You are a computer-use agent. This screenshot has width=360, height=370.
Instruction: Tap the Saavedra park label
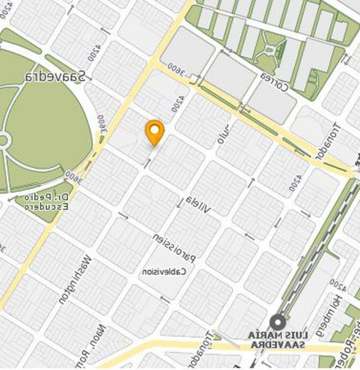pyautogui.click(x=55, y=77)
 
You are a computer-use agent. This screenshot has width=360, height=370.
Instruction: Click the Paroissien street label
pyautogui.click(x=174, y=248)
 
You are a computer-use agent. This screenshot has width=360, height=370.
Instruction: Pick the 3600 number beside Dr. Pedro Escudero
pyautogui.click(x=73, y=177)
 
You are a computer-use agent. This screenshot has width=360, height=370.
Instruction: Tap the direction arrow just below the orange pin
pyautogui.click(x=147, y=163)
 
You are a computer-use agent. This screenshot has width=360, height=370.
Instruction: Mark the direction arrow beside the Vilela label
pyautogui.click(x=180, y=202)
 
